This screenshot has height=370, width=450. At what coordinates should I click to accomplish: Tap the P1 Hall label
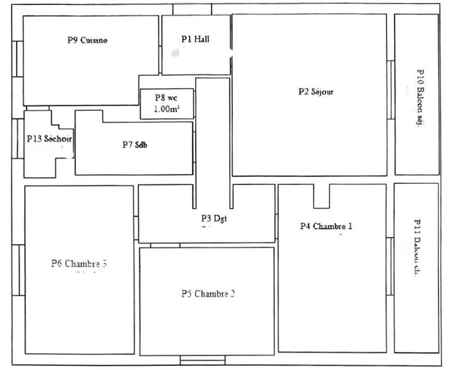[x=195, y=39]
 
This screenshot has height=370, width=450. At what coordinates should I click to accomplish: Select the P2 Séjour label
[x=316, y=92]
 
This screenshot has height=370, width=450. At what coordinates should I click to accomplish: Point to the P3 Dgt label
[x=213, y=218]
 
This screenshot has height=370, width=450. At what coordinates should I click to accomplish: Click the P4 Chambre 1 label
[x=326, y=227]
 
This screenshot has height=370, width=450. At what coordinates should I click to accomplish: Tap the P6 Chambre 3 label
[x=79, y=263]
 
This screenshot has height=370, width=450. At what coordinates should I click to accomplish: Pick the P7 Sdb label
[x=135, y=145]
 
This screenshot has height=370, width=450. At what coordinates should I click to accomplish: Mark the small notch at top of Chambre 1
[x=322, y=196]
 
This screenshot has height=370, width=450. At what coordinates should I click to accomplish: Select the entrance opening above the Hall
[x=192, y=9]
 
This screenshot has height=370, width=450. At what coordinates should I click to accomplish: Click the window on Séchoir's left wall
[x=19, y=137]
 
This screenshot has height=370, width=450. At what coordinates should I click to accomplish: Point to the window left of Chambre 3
[x=19, y=270]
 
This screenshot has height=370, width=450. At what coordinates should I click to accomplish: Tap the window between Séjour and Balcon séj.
[x=390, y=90]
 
